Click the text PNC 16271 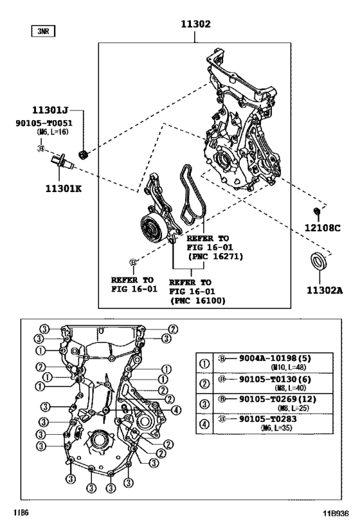click(211, 255)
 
